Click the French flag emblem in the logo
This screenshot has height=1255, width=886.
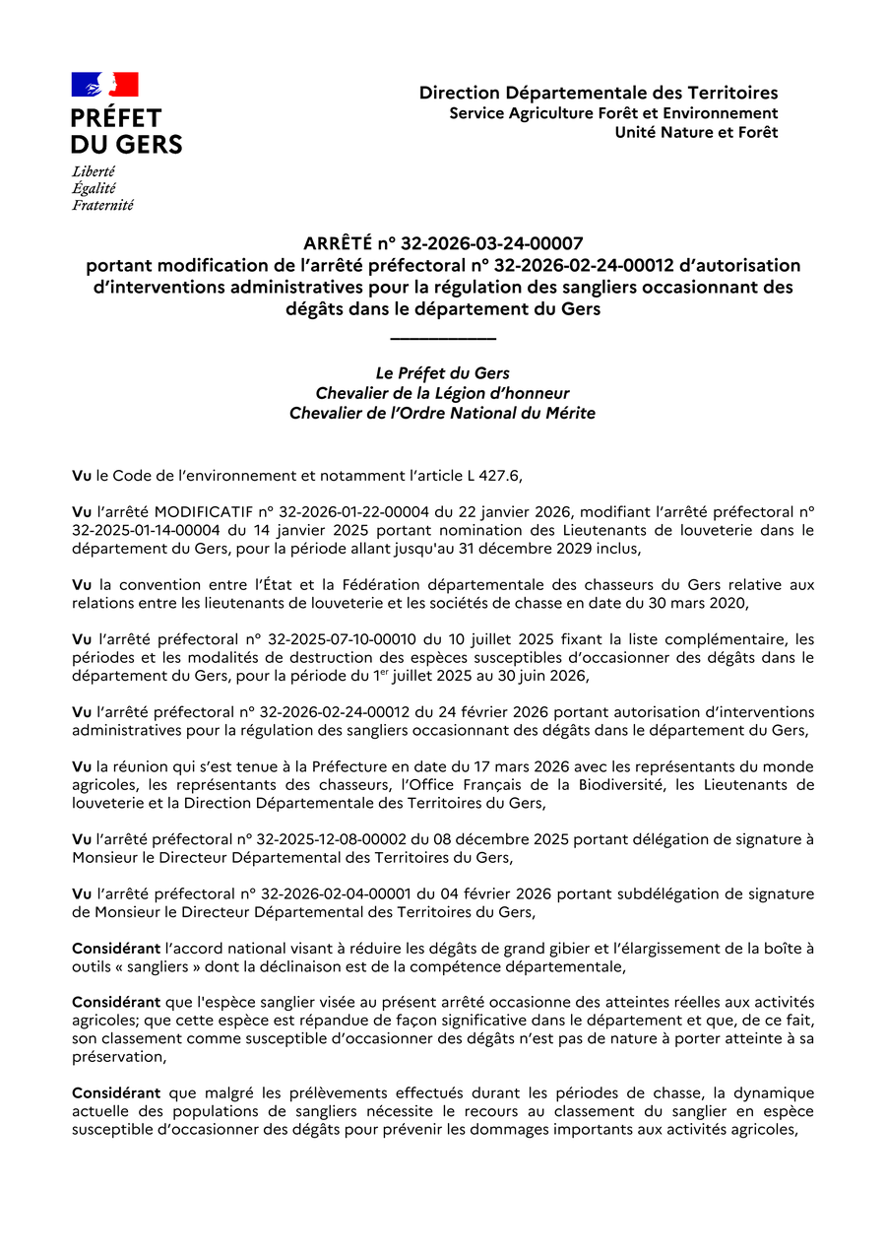(104, 85)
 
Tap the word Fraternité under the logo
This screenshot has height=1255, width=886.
(102, 206)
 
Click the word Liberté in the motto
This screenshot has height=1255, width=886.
(94, 171)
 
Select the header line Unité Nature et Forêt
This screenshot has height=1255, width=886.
(696, 132)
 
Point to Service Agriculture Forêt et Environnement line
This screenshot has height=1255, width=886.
(613, 113)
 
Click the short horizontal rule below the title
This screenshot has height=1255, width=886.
(443, 339)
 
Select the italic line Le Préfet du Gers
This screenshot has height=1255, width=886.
(443, 373)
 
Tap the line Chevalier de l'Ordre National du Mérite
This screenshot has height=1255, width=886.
(442, 414)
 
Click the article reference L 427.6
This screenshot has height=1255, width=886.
(491, 476)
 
